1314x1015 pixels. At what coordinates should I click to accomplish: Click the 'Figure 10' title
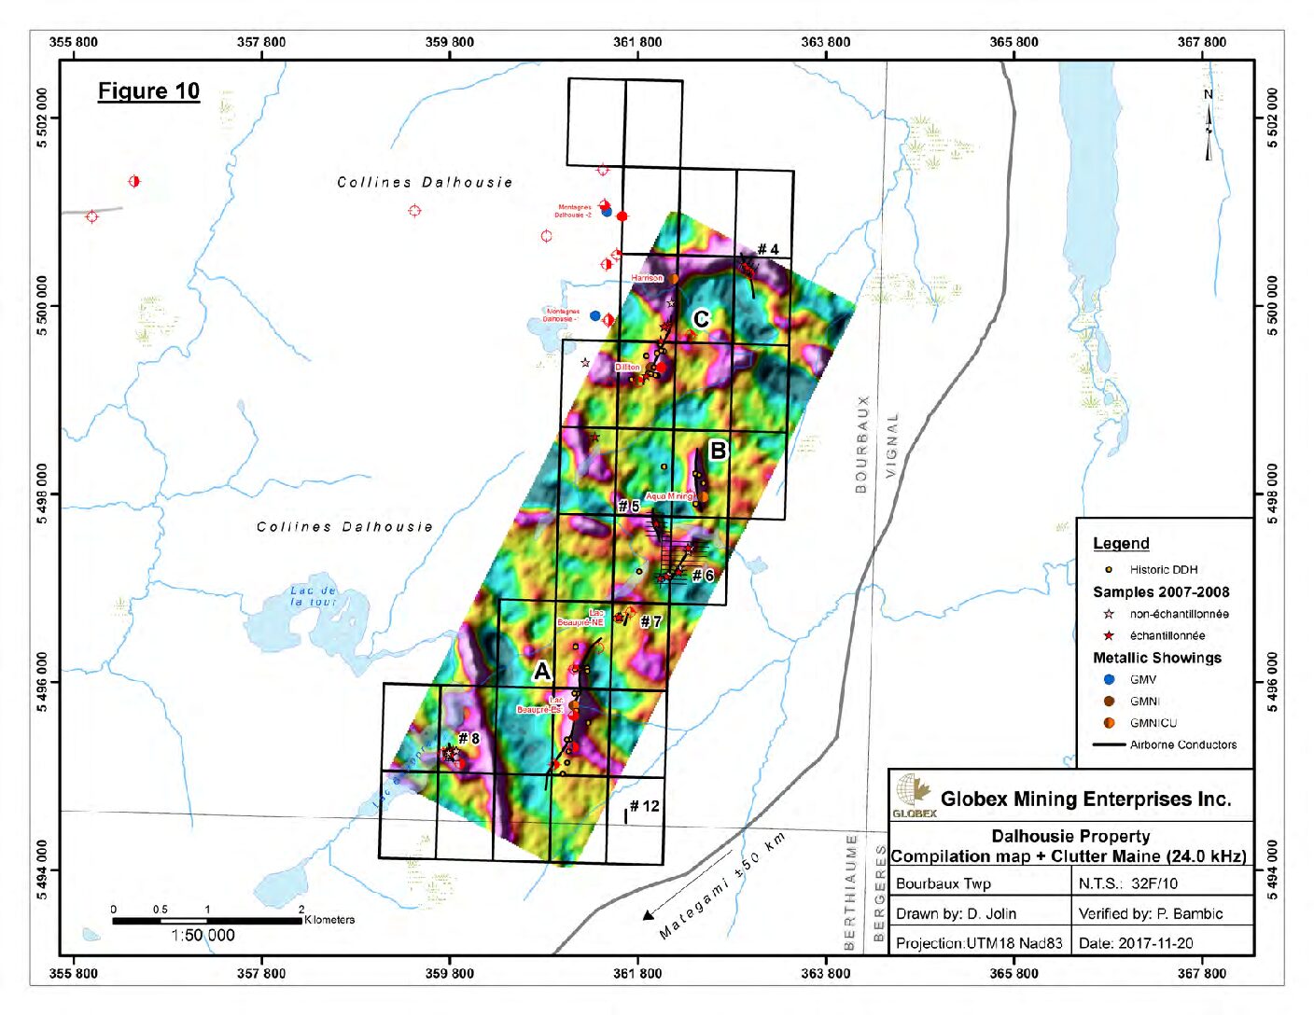(148, 91)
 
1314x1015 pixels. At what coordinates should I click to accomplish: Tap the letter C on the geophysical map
(701, 319)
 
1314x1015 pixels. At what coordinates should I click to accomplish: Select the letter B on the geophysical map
(717, 452)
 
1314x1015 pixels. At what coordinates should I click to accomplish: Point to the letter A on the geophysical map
(542, 672)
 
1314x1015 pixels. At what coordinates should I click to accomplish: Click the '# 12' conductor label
(644, 806)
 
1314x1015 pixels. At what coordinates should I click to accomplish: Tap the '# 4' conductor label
(767, 249)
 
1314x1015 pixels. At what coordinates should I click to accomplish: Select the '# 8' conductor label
(468, 738)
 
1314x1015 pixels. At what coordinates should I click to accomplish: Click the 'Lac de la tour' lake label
(313, 596)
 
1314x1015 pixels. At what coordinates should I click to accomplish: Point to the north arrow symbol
(1209, 126)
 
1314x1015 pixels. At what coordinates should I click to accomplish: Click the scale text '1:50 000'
(203, 936)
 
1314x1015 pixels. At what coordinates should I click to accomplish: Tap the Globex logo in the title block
(914, 795)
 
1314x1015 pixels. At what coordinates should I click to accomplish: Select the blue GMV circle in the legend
(1109, 679)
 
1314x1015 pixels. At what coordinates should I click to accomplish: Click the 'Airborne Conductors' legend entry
(1182, 744)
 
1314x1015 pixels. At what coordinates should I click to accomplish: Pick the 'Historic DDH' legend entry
(1163, 569)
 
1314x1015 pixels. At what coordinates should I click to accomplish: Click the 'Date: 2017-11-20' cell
(1136, 943)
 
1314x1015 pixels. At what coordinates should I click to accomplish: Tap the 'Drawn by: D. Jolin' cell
(956, 913)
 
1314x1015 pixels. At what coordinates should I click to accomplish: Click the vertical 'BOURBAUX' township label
(861, 444)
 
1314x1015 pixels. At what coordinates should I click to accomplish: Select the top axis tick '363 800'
(826, 42)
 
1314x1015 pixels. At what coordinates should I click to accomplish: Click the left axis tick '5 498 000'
(42, 494)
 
